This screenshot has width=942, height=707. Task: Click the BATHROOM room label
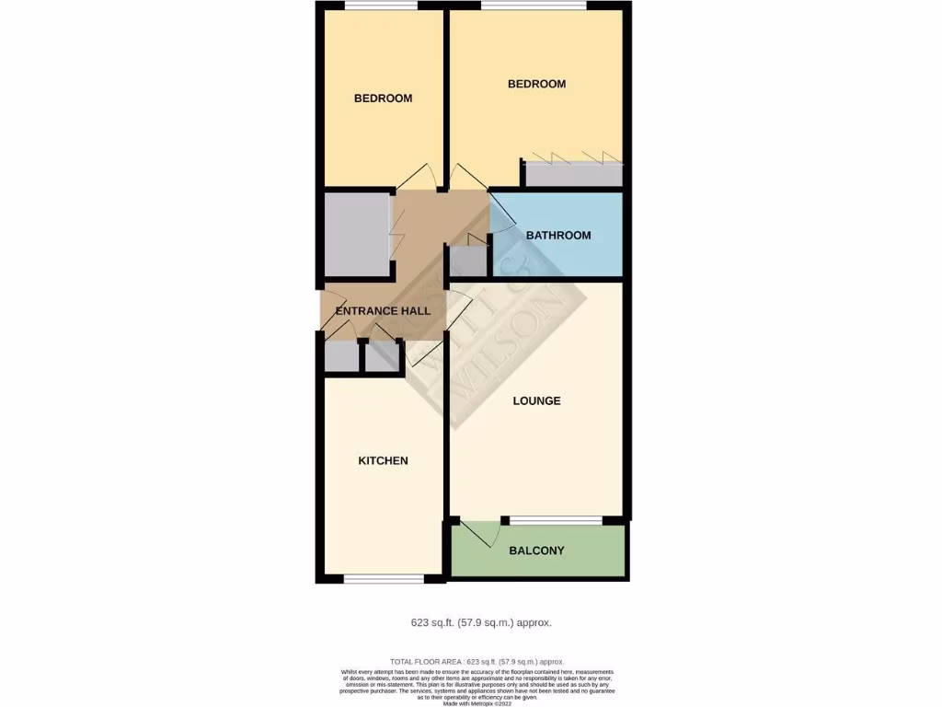click(558, 236)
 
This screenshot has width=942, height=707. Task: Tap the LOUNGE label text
click(536, 401)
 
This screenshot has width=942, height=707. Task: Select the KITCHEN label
click(383, 460)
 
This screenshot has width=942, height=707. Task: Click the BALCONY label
click(536, 551)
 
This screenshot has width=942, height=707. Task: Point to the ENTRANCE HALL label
click(383, 311)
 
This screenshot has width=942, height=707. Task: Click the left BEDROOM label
click(383, 99)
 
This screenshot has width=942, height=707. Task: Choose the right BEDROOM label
click(536, 84)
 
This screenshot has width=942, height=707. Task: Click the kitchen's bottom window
click(385, 579)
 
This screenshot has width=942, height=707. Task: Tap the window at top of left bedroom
click(381, 6)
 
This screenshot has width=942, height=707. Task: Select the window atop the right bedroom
click(534, 6)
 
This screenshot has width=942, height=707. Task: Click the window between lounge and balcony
click(557, 521)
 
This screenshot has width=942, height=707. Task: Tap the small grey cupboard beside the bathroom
click(467, 261)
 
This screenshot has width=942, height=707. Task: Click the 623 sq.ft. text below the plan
click(481, 623)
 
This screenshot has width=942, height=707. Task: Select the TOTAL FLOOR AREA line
click(477, 662)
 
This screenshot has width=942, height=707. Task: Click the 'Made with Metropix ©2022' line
click(477, 703)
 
